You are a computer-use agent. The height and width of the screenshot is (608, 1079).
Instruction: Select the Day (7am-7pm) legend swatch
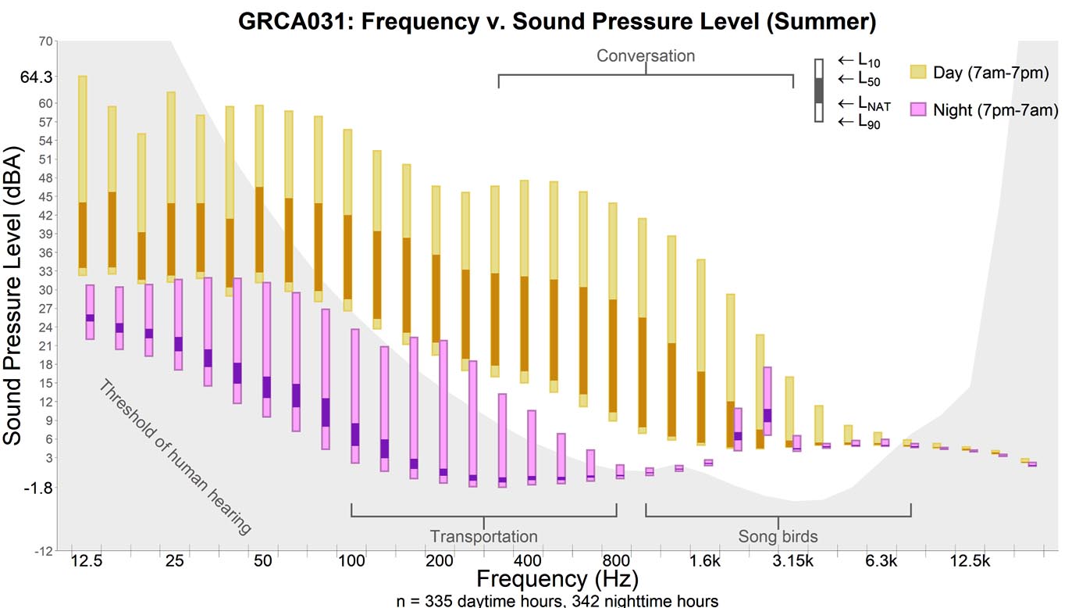(x=918, y=73)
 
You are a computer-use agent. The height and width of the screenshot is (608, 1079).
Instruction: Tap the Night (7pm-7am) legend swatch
(x=918, y=110)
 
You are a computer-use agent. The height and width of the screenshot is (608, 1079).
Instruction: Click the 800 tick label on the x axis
(x=617, y=561)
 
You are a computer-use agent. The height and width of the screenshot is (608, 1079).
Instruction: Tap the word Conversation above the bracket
(x=646, y=55)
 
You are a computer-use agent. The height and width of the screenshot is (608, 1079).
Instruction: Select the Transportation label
(x=483, y=536)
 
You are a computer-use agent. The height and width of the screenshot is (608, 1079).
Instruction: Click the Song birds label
(x=778, y=536)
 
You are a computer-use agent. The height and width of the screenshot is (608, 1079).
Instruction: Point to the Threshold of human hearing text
(x=175, y=457)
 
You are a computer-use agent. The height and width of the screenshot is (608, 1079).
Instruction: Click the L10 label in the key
(x=868, y=60)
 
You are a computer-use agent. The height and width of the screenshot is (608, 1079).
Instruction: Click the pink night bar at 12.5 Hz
(x=90, y=312)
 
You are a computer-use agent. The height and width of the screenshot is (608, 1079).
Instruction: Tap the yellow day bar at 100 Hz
(x=347, y=220)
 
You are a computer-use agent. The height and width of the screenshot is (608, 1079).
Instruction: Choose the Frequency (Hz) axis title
(x=557, y=579)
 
